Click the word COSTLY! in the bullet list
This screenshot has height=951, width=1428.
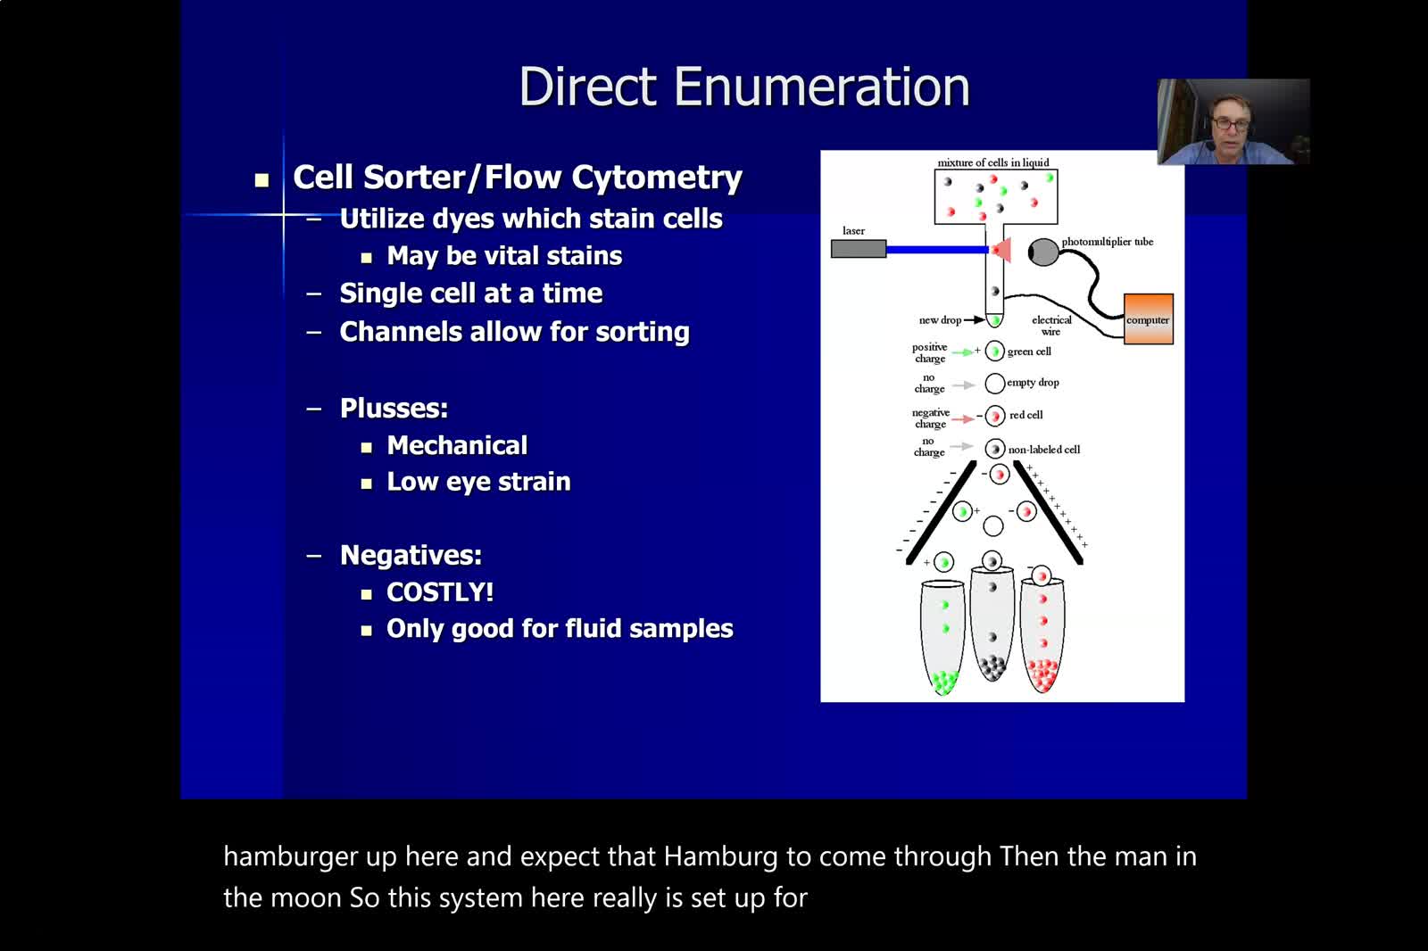point(440,592)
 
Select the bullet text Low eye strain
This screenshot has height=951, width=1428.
point(478,482)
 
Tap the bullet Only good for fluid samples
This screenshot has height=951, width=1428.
point(560,629)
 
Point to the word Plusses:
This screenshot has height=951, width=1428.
point(394,408)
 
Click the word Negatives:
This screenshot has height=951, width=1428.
point(411,555)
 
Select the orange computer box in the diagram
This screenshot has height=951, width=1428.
point(1148,318)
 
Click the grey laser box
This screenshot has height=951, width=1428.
point(858,249)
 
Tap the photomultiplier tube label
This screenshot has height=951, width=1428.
point(1108,242)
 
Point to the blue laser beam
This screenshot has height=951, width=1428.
point(937,249)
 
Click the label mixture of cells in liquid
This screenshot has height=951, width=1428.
point(993,162)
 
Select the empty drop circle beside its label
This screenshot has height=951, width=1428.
point(994,383)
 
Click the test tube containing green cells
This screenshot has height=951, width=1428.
point(942,636)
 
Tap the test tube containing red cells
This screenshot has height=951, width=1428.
point(1042,635)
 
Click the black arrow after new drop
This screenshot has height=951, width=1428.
point(975,320)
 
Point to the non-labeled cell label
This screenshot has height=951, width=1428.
point(1044,450)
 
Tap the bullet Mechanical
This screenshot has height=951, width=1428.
point(457,445)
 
